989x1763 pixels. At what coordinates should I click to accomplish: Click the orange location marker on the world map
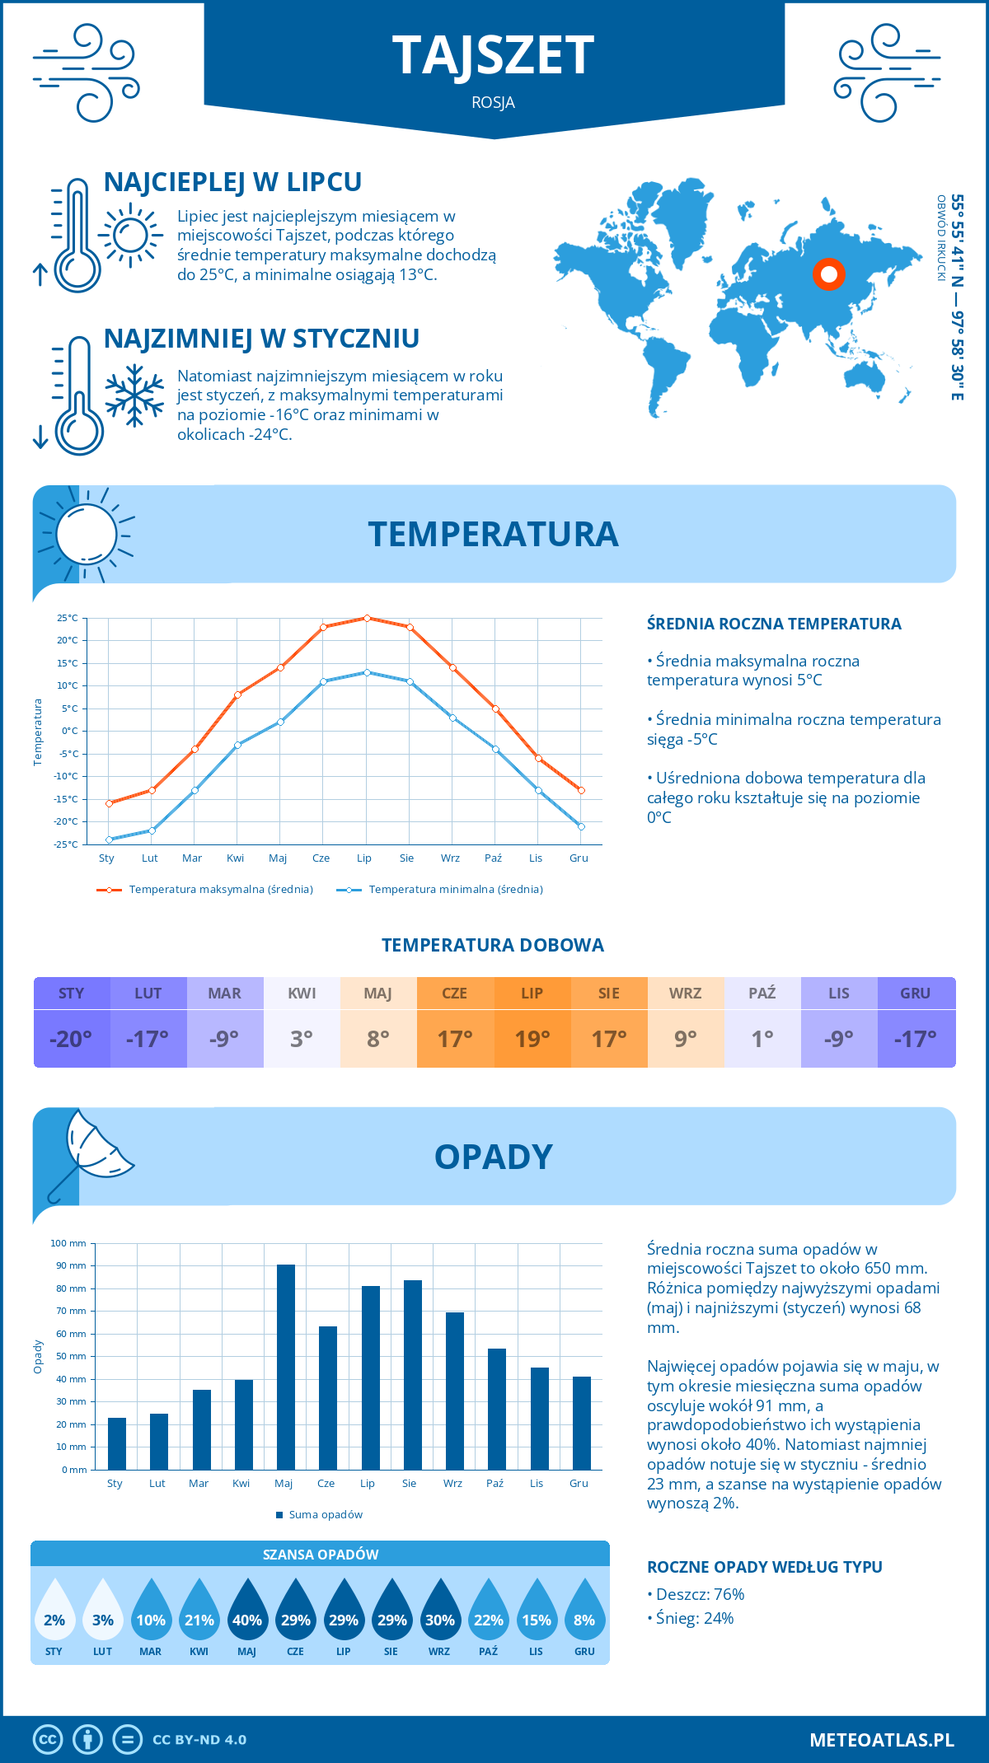click(x=829, y=274)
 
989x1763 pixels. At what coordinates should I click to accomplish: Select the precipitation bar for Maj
click(x=285, y=1368)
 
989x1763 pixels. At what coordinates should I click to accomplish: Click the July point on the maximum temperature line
click(x=367, y=618)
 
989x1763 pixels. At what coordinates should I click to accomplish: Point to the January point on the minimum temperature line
click(x=109, y=839)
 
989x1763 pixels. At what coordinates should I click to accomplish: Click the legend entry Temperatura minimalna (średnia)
click(x=441, y=890)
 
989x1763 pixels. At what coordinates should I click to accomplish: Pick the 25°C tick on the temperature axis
click(x=68, y=618)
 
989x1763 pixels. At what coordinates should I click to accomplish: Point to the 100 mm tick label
click(x=68, y=1243)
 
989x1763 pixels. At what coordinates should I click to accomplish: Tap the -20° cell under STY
click(x=71, y=1039)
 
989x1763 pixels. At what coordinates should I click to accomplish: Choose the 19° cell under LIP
click(x=532, y=1039)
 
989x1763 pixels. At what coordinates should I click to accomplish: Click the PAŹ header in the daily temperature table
click(x=762, y=993)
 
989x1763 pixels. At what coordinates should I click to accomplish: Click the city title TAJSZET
click(x=493, y=55)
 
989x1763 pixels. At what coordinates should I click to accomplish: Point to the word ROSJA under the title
click(x=493, y=102)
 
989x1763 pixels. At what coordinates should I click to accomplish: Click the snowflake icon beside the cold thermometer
click(x=134, y=395)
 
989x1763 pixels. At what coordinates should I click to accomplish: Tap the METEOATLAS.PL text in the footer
click(x=881, y=1739)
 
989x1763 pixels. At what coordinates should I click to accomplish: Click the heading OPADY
click(x=493, y=1157)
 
